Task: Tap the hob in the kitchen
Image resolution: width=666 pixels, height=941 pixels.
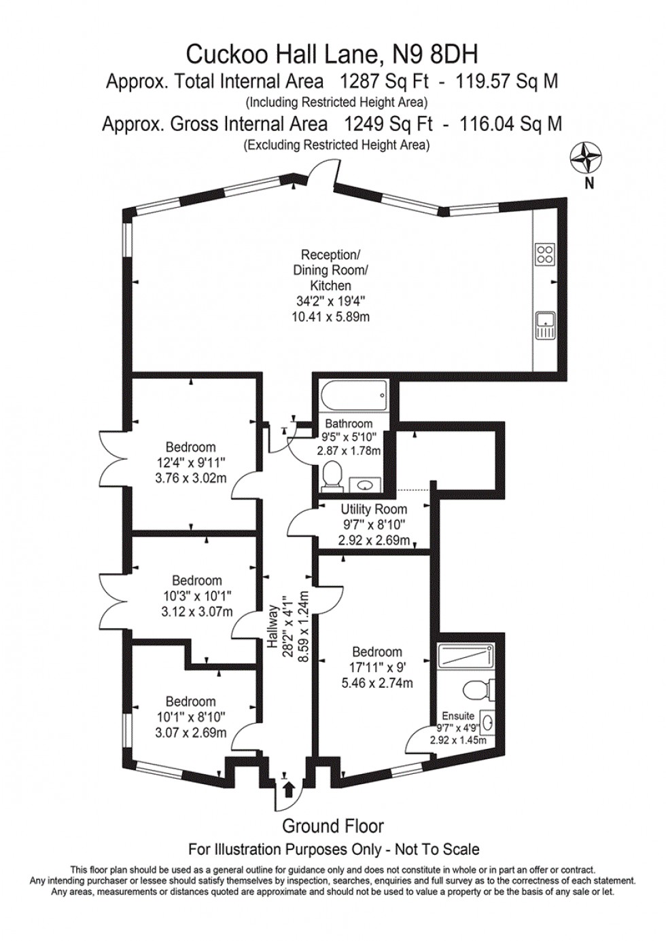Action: tap(545, 254)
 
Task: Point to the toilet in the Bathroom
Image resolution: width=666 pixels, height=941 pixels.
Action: tap(332, 475)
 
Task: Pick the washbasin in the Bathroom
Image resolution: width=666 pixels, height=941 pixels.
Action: tap(364, 484)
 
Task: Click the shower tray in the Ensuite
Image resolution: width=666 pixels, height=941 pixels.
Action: tap(466, 656)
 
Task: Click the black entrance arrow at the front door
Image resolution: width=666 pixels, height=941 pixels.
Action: tap(288, 789)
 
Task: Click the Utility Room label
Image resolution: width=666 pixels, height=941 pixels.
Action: tap(374, 509)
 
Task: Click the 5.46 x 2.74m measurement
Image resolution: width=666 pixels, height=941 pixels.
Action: tap(376, 683)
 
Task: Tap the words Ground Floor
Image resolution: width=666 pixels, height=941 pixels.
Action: tap(333, 826)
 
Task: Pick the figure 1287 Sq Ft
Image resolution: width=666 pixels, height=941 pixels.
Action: tap(384, 81)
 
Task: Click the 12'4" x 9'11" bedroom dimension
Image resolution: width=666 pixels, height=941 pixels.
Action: tap(190, 463)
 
